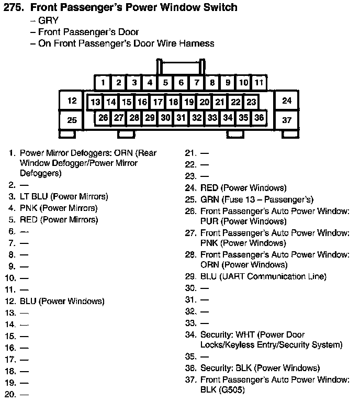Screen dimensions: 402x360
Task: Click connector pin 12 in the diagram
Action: click(72, 100)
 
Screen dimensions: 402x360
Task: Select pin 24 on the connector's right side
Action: click(287, 100)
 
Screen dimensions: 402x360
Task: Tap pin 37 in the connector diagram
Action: click(287, 120)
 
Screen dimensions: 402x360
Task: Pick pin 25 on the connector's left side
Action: click(72, 120)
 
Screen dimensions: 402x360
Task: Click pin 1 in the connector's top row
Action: click(103, 83)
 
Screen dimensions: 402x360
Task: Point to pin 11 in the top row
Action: click(259, 83)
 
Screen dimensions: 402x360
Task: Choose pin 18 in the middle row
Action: click(173, 102)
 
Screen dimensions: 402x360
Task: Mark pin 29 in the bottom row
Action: click(150, 118)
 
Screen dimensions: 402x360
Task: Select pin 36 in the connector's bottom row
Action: click(259, 118)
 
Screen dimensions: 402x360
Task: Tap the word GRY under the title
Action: click(48, 21)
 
